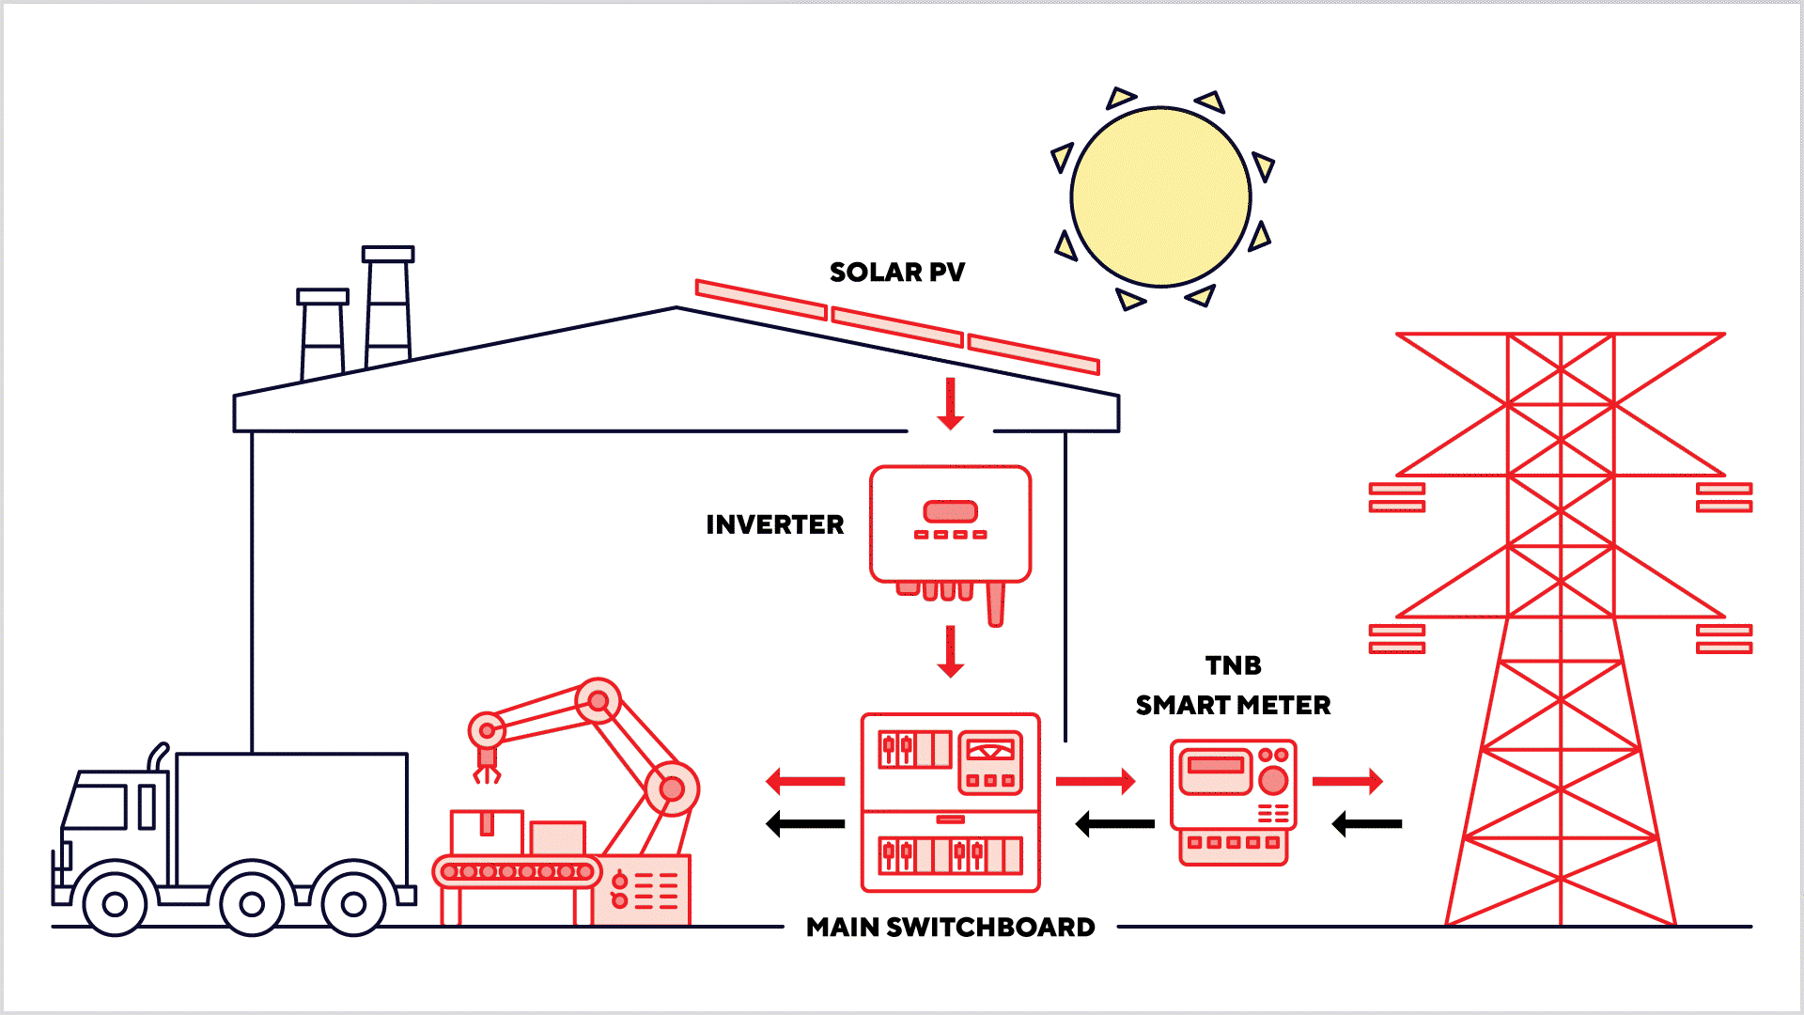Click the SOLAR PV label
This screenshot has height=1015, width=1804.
[896, 273]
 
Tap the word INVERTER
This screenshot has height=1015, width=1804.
[774, 524]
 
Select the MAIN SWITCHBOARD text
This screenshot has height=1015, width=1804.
[950, 928]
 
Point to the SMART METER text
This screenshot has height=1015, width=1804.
[1233, 706]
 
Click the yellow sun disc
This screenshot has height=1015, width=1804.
[1160, 196]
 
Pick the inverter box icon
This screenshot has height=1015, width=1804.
[950, 524]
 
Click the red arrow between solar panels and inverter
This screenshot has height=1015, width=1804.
[951, 403]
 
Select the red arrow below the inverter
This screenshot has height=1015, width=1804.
[951, 651]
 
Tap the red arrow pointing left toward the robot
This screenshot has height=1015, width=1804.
[805, 781]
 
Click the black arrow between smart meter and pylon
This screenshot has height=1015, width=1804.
[1367, 824]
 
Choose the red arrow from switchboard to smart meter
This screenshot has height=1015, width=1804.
[1096, 781]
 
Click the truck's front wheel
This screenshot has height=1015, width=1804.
[115, 904]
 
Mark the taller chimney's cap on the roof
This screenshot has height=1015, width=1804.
[388, 254]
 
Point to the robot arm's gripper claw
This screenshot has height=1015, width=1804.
[486, 773]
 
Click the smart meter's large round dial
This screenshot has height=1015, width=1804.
[1273, 780]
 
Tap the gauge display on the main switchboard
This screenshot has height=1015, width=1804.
[990, 751]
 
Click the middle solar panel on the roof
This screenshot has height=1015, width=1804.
[897, 327]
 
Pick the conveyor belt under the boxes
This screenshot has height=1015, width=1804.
[517, 872]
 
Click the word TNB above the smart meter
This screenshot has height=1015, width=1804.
[1233, 665]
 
